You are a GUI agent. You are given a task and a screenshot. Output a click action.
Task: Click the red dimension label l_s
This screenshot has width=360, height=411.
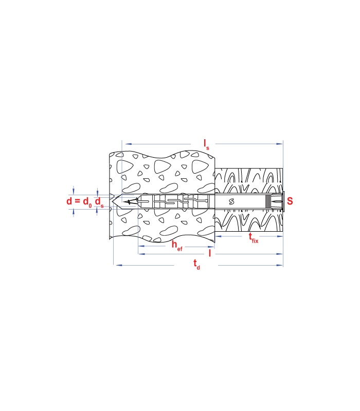pyautogui.click(x=207, y=144)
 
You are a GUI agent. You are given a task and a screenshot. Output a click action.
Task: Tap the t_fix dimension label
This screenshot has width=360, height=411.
pyautogui.click(x=254, y=238)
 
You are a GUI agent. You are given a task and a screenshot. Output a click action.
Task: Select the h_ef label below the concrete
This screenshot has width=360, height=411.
pyautogui.click(x=177, y=246)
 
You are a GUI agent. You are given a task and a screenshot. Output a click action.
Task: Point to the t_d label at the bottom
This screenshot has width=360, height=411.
pyautogui.click(x=196, y=264)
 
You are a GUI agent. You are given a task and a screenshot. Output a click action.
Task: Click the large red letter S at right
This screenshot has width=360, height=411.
pyautogui.click(x=290, y=201)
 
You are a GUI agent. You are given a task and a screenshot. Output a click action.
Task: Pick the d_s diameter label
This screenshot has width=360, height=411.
pyautogui.click(x=99, y=202)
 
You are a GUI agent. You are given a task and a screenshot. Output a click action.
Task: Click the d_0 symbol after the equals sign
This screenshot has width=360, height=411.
pyautogui.click(x=87, y=202)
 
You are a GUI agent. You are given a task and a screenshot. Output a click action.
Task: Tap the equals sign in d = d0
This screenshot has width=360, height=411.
pyautogui.click(x=78, y=201)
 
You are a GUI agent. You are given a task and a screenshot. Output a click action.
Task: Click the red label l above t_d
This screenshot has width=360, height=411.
pyautogui.click(x=210, y=253)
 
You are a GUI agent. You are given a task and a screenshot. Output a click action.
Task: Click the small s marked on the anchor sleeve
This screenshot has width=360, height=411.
pyautogui.click(x=231, y=201)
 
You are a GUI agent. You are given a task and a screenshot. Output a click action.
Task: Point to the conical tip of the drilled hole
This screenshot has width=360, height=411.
pyautogui.click(x=113, y=201)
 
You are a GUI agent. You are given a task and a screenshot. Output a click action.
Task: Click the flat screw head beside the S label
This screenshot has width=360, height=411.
pyautogui.click(x=283, y=201)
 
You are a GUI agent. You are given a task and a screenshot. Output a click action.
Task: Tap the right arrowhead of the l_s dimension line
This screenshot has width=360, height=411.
pyautogui.click(x=280, y=144)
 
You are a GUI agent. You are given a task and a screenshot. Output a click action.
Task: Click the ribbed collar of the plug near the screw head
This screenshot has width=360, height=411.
pyautogui.click(x=267, y=201)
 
